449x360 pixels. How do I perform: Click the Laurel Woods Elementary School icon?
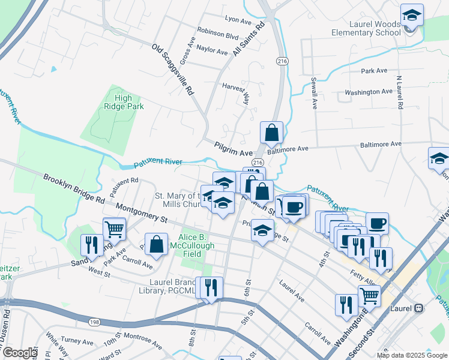click(x=412, y=15)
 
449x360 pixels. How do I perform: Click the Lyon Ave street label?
click(x=237, y=21)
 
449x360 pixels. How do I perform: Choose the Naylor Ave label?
click(x=211, y=50)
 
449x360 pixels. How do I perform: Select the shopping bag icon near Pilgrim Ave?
click(x=271, y=134)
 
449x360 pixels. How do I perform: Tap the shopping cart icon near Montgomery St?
click(x=114, y=229)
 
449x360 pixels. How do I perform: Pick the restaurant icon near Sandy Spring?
click(x=91, y=245)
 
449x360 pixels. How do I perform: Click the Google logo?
click(x=20, y=353)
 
